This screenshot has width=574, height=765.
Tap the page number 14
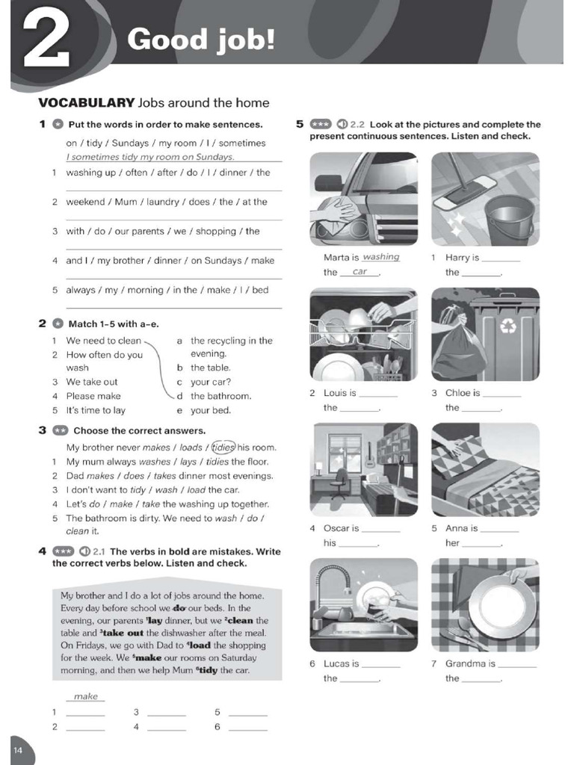click(19, 749)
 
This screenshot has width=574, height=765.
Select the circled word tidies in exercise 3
click(223, 447)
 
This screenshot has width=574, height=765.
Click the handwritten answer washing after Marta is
click(381, 257)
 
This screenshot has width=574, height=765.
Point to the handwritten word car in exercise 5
click(360, 272)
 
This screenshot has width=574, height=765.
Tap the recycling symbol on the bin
click(508, 326)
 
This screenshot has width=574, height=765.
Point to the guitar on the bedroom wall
click(369, 454)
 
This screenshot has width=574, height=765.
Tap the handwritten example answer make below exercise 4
click(86, 696)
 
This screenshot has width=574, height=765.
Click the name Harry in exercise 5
click(457, 258)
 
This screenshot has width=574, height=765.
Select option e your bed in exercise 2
click(210, 410)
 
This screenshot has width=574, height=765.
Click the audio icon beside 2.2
click(342, 125)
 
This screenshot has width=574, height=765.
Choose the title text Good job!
click(200, 40)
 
